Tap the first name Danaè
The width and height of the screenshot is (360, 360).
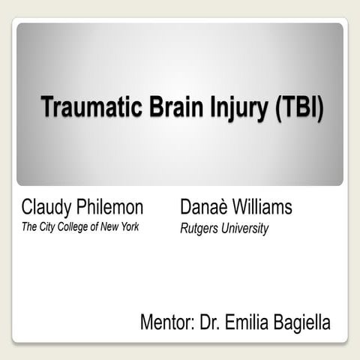pos(204,207)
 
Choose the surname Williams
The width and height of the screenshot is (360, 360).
pos(262,207)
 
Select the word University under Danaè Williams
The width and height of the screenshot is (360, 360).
pos(244,229)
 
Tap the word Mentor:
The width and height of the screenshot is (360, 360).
pos(167,323)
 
